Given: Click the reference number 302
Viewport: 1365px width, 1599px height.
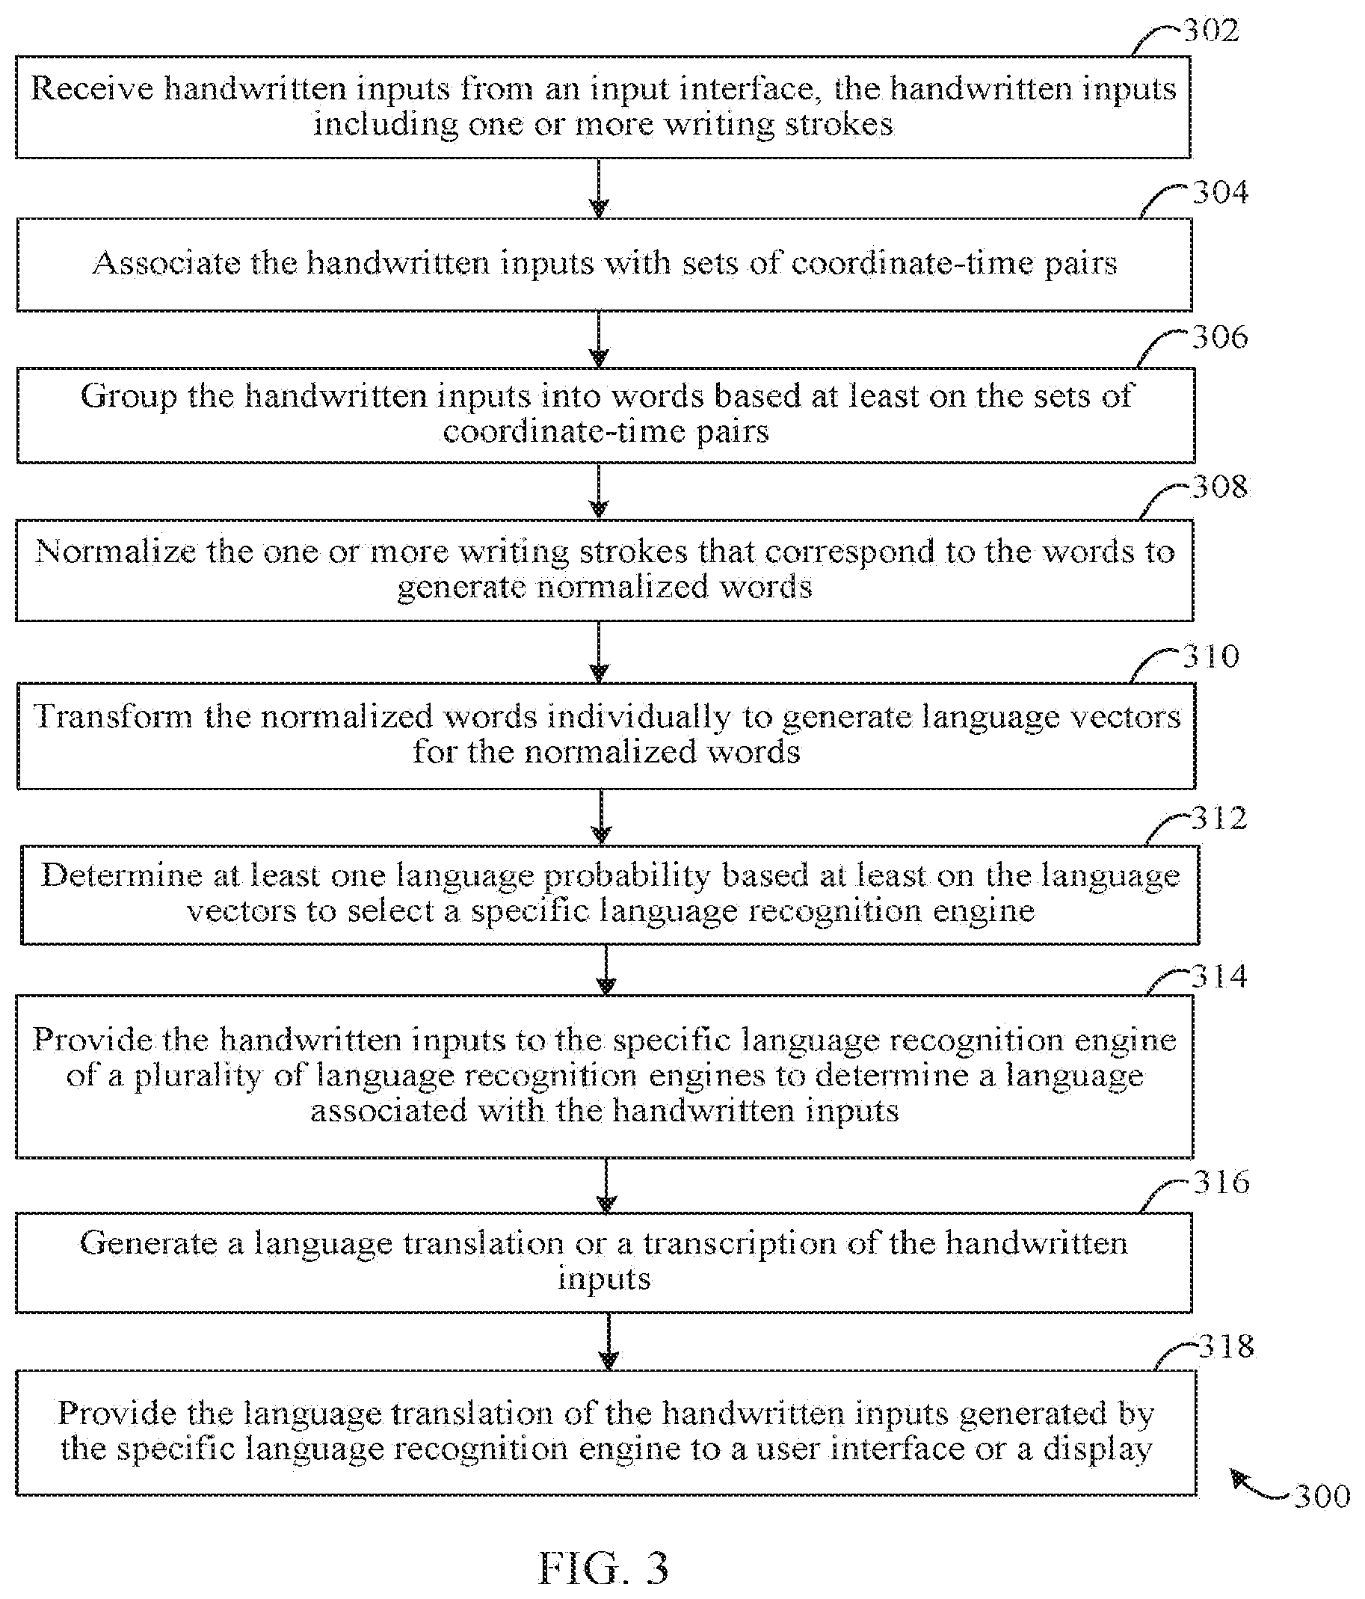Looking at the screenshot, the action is coord(1211,30).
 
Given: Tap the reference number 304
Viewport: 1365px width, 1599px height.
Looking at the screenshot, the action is coord(1220,192).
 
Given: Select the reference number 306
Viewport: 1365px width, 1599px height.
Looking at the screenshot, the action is coord(1220,337).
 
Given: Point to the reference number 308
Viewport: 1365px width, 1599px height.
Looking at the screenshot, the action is coord(1220,486).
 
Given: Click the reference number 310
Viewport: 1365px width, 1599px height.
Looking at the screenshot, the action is coord(1211,656).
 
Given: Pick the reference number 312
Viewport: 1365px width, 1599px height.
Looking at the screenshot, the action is coord(1219,818).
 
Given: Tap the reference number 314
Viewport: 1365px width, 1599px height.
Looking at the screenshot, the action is coord(1219,977).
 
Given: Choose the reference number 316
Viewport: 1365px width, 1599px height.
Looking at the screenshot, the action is coord(1221,1183).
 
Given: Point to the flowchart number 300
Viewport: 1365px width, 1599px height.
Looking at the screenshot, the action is coord(1322,1497).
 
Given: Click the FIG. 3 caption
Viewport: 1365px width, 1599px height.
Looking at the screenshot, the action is coord(603,1568).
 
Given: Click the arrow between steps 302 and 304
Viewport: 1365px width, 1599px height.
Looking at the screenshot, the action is coord(599,188).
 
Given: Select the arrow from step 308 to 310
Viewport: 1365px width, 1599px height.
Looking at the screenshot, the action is coord(600,652).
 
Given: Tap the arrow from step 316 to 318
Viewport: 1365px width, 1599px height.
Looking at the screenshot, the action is coord(608,1342).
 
